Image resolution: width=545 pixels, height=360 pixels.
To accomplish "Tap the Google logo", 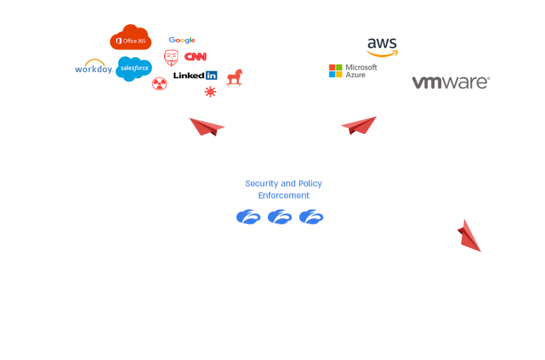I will click(182, 40).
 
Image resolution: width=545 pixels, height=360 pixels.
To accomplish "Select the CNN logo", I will click(195, 56).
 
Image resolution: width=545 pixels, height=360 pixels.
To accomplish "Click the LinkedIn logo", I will click(195, 75).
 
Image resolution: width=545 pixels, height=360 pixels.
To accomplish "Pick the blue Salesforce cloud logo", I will click(134, 69).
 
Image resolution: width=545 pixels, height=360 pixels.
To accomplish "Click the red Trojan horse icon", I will click(234, 77).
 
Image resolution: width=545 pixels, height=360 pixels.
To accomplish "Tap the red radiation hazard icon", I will click(159, 84).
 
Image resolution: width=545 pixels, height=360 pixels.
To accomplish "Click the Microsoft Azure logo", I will click(353, 71).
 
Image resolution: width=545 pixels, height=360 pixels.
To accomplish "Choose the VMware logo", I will click(450, 83).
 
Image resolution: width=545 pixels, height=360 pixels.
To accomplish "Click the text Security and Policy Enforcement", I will click(284, 190).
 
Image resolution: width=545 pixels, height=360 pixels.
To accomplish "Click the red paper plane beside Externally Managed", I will click(208, 128).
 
